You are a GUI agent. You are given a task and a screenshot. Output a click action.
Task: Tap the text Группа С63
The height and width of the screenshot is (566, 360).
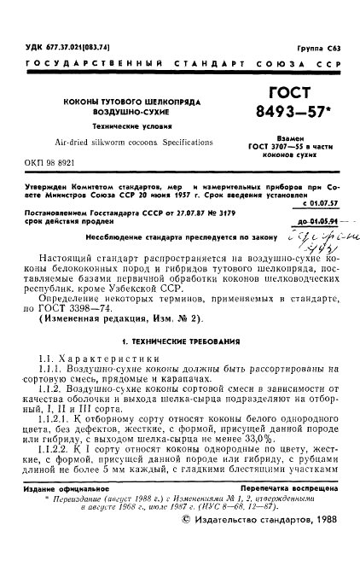[318, 50]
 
